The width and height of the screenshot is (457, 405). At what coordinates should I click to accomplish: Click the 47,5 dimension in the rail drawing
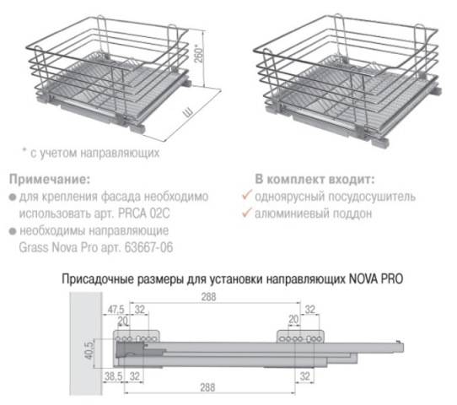pyautogui.click(x=116, y=307)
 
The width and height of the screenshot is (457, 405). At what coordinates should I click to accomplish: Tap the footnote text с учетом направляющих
pyautogui.click(x=93, y=154)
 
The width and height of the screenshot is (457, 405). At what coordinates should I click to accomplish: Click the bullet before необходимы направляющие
pyautogui.click(x=12, y=232)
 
